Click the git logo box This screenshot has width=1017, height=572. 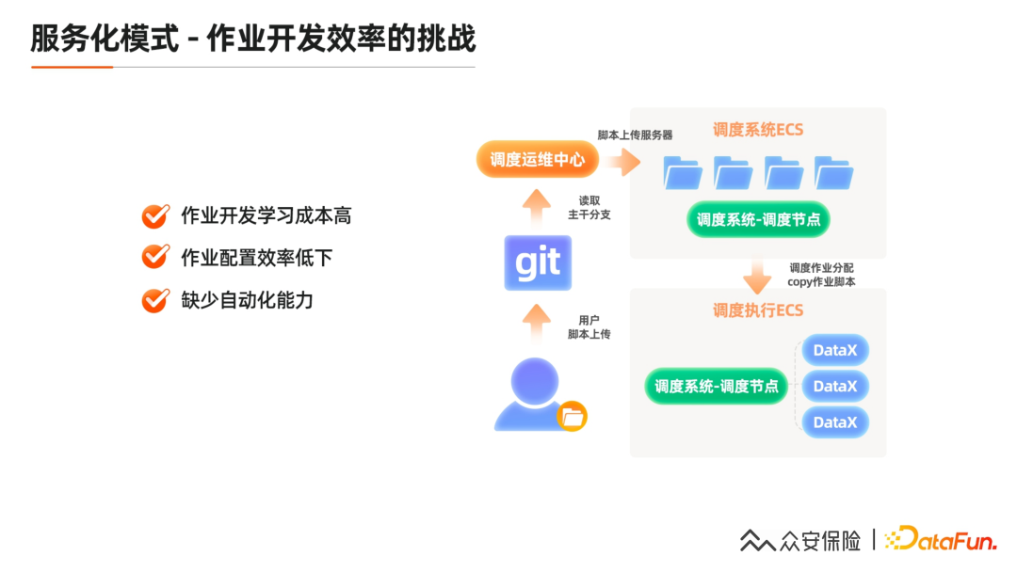(538, 262)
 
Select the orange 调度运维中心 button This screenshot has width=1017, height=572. (538, 159)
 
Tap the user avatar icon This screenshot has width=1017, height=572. (534, 395)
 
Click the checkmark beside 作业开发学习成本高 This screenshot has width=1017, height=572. (154, 215)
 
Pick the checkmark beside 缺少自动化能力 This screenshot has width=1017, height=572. (154, 300)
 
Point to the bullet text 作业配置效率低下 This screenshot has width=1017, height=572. (256, 258)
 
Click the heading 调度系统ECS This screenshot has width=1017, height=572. (757, 130)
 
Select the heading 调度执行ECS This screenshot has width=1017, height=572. (757, 310)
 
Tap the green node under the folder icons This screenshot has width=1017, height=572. (758, 219)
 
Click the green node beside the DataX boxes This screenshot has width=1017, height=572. (716, 386)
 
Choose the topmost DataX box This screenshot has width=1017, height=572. (835, 350)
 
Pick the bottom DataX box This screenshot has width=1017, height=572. (835, 422)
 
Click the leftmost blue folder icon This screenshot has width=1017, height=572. (683, 173)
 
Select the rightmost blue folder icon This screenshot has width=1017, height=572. (833, 173)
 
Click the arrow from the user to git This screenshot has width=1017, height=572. (537, 324)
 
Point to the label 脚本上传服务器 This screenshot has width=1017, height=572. (635, 135)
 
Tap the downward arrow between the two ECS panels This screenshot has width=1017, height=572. (757, 278)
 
